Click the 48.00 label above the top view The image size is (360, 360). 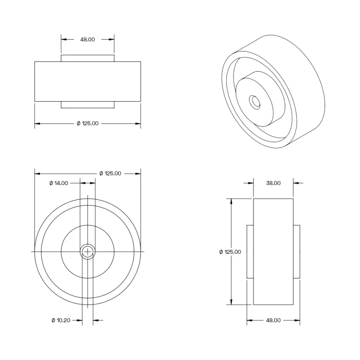(88, 40)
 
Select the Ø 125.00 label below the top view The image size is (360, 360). (88, 124)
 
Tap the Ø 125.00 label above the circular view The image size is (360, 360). (110, 174)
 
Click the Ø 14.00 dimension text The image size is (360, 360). (59, 183)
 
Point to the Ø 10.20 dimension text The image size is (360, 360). (61, 320)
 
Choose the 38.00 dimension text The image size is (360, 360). (273, 183)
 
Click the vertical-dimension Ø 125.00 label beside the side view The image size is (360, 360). (230, 252)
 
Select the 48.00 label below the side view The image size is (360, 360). (273, 320)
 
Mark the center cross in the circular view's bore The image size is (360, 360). (88, 252)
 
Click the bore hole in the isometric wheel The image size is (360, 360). (255, 102)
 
